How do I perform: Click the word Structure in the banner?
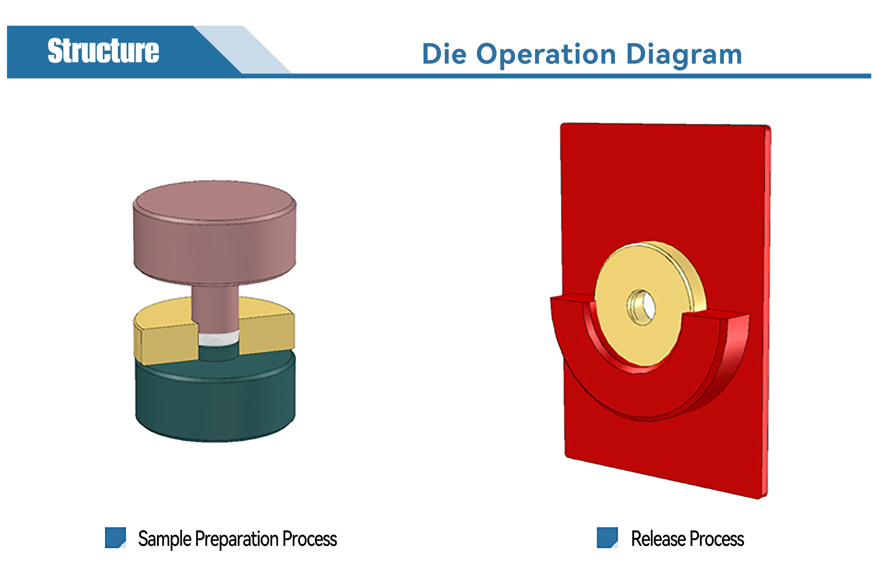pos(103,51)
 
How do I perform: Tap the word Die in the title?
pos(444,54)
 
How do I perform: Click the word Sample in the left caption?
pos(165,539)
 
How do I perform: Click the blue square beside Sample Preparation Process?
pos(116,537)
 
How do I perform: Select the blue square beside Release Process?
pos(607,537)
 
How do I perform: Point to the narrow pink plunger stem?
pos(215,308)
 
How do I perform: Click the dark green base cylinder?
pos(215,398)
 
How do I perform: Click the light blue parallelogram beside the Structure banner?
pos(243,49)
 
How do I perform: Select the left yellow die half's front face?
pos(169,345)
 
